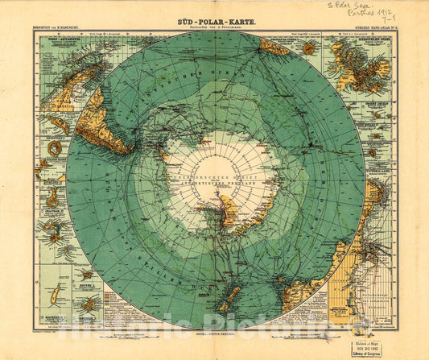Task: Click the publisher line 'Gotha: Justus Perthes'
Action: (x=213, y=333)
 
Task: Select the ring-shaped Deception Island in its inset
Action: (x=54, y=148)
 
